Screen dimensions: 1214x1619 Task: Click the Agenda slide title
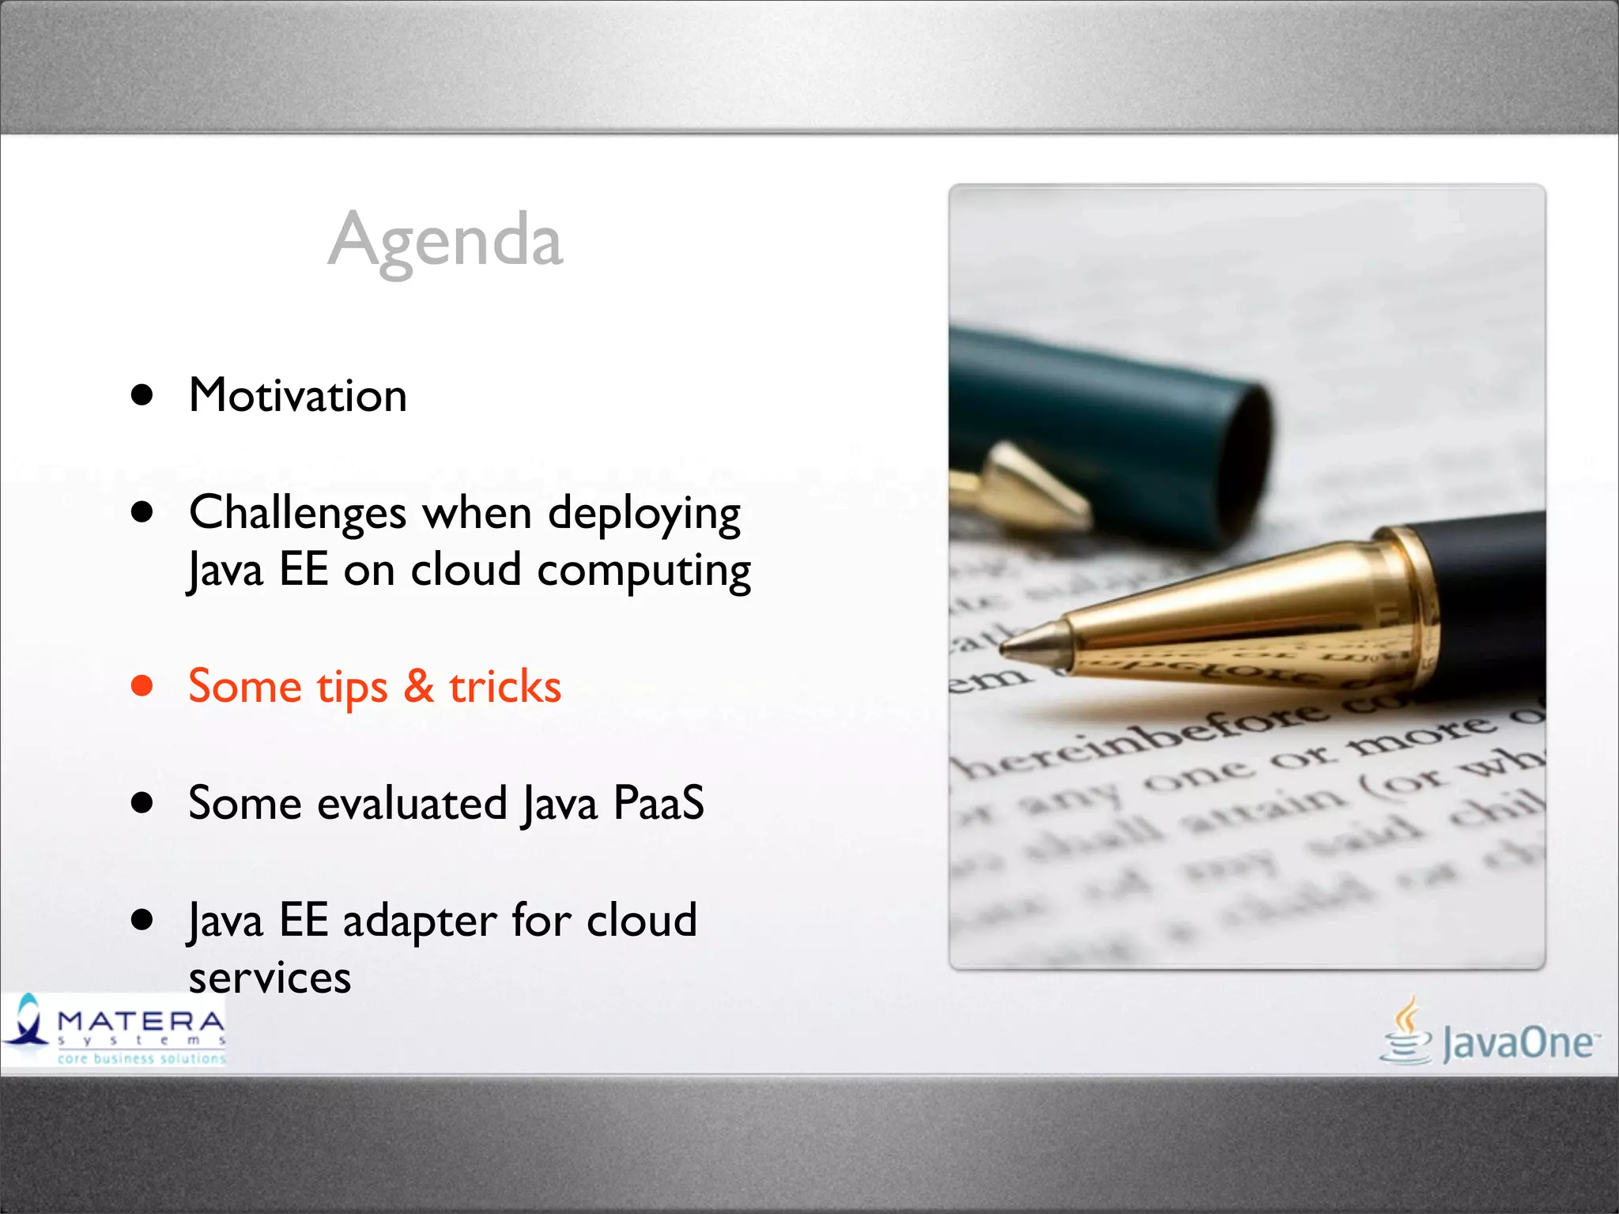(445, 240)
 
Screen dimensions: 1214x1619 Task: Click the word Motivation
(298, 395)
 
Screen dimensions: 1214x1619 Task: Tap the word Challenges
(298, 513)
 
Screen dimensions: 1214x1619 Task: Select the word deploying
(644, 515)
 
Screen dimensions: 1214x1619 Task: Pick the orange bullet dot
(142, 685)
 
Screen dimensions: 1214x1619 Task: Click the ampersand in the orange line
(418, 685)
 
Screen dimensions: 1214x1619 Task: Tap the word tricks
(505, 686)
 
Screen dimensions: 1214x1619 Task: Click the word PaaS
(658, 804)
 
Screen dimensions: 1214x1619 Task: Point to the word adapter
(420, 922)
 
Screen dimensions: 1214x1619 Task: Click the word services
(270, 978)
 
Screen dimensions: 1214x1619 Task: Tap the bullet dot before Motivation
(142, 394)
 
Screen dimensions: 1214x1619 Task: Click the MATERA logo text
(141, 1021)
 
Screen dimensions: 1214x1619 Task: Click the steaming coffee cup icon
(1406, 1032)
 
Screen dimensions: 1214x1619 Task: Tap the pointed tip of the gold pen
(1007, 650)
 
